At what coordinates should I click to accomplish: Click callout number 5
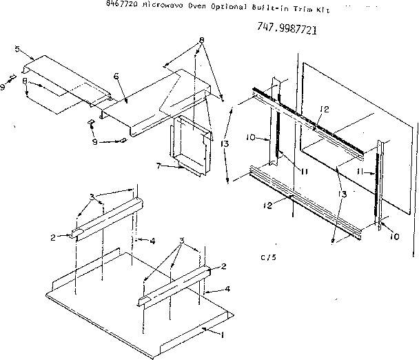[17, 49]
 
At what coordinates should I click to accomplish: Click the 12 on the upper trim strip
[325, 109]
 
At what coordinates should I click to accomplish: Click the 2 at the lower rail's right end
[223, 266]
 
